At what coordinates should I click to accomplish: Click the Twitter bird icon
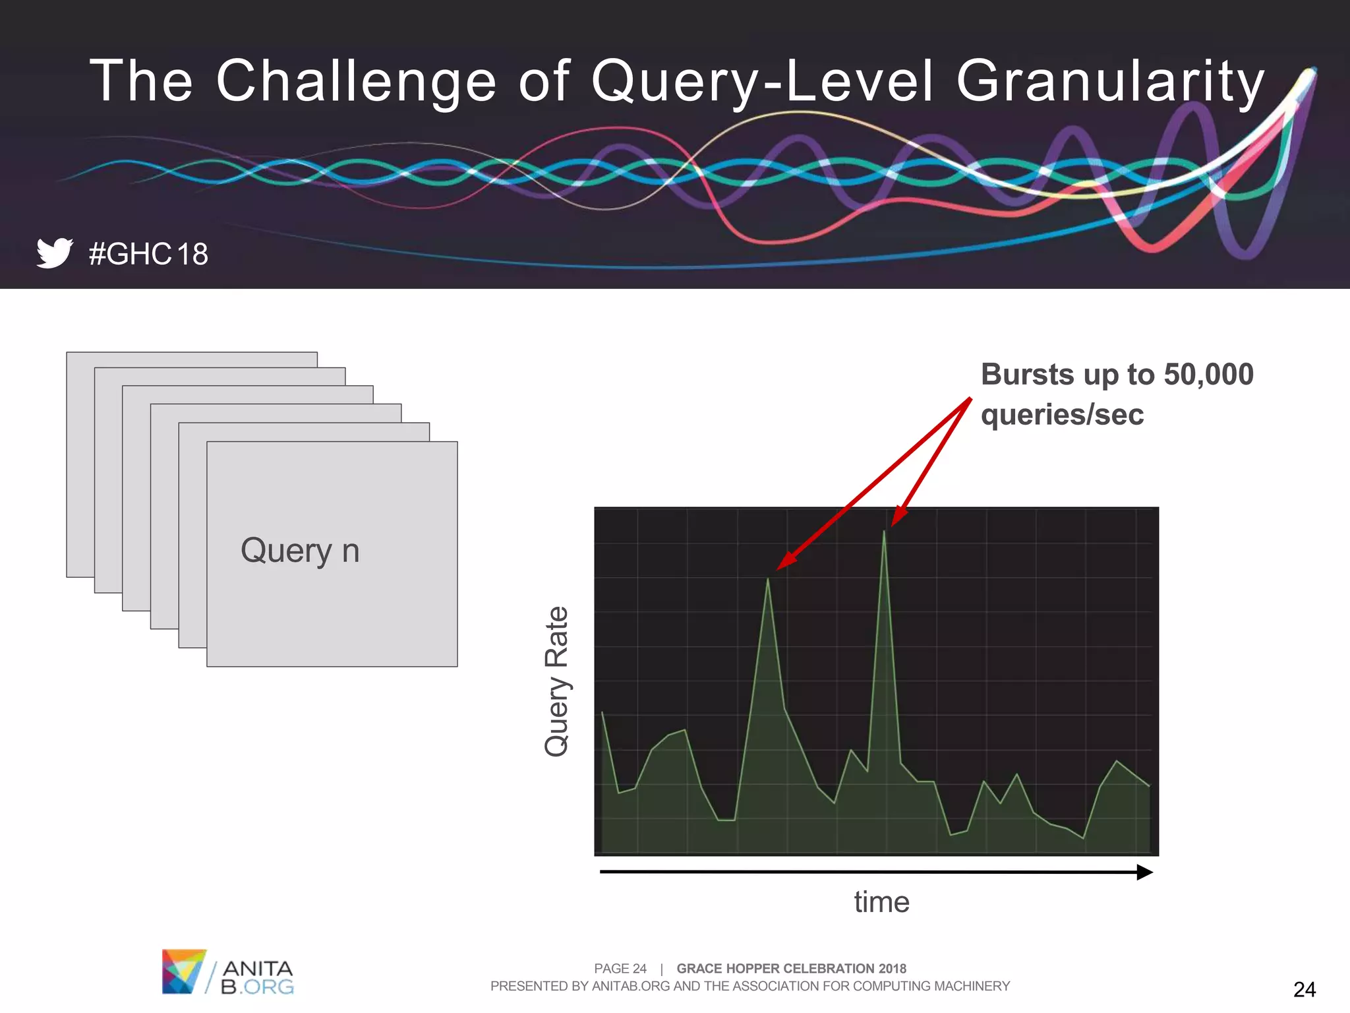click(54, 253)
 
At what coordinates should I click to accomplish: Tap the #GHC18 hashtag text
click(148, 255)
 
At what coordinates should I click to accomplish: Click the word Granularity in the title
click(1110, 82)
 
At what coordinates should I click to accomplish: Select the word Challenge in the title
click(356, 82)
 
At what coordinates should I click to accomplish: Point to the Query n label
click(300, 551)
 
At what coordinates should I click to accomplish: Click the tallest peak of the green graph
click(884, 533)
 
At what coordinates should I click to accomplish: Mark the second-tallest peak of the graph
click(768, 580)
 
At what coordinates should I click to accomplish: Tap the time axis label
click(881, 902)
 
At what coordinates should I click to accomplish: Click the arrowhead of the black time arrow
click(1145, 873)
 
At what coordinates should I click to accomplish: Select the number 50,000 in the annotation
click(1208, 375)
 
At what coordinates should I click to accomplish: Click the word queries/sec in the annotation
click(1062, 415)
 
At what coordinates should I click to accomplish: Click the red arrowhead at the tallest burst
click(897, 518)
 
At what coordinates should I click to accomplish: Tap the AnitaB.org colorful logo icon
click(183, 971)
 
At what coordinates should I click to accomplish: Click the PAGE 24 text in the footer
click(620, 968)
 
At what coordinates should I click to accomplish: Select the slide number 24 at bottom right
click(1304, 989)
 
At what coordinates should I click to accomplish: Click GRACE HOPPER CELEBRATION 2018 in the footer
click(791, 968)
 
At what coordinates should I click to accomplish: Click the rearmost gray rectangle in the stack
click(80, 462)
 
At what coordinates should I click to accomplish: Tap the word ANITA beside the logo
click(258, 968)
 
